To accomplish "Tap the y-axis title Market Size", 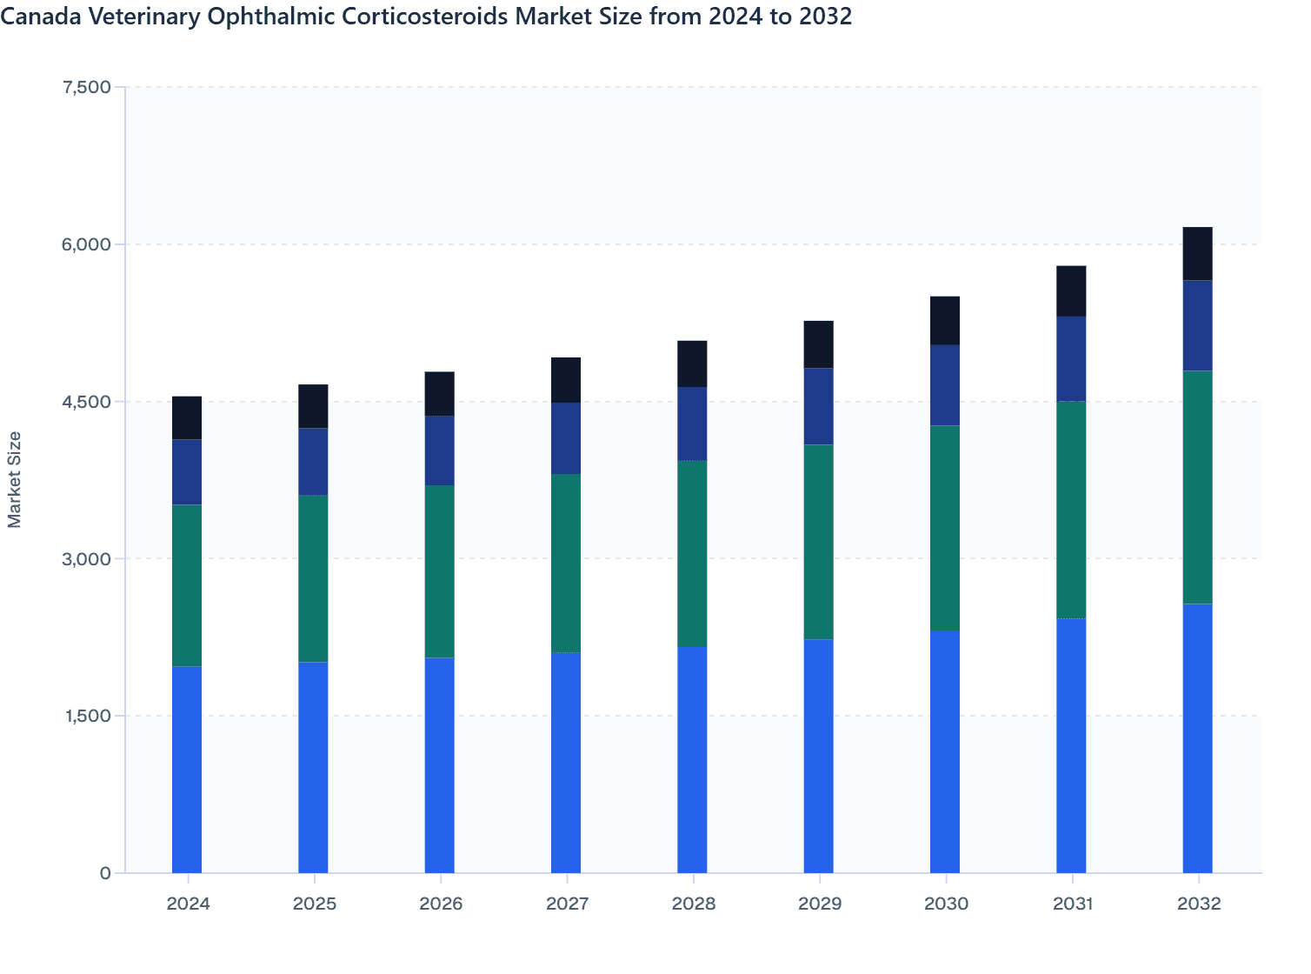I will point(15,479).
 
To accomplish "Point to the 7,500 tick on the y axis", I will point(87,87).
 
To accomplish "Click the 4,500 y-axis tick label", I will point(87,402).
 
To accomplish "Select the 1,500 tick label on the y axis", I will point(87,716).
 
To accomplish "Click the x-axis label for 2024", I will point(188,904).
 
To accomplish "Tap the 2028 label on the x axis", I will point(693,904).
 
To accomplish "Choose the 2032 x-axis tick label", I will point(1198,904).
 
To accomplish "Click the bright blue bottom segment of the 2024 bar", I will point(187,770).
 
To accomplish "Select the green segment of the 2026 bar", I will point(439,571).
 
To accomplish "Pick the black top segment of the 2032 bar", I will point(1197,254).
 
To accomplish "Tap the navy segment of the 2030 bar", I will point(945,385).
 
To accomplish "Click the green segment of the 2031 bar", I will point(1071,510).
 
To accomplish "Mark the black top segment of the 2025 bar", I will point(313,406).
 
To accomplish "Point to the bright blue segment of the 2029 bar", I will point(818,756).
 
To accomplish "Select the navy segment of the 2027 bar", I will point(566,438).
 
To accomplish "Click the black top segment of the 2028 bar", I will point(692,364).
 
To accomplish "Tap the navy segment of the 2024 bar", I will point(187,472).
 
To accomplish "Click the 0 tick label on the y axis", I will point(105,873).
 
